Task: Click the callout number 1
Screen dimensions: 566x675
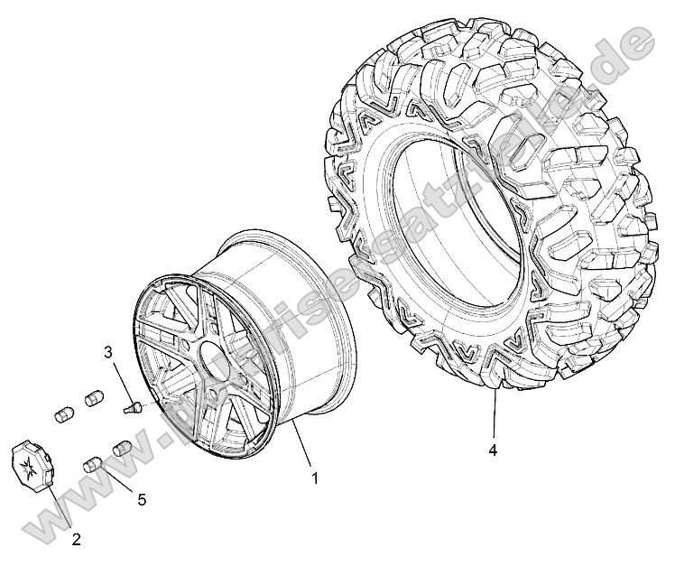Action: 314,479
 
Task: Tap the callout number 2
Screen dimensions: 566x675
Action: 76,541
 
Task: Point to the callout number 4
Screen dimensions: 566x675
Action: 494,449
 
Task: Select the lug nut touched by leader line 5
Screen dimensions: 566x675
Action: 93,466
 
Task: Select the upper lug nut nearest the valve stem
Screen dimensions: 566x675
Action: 93,397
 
